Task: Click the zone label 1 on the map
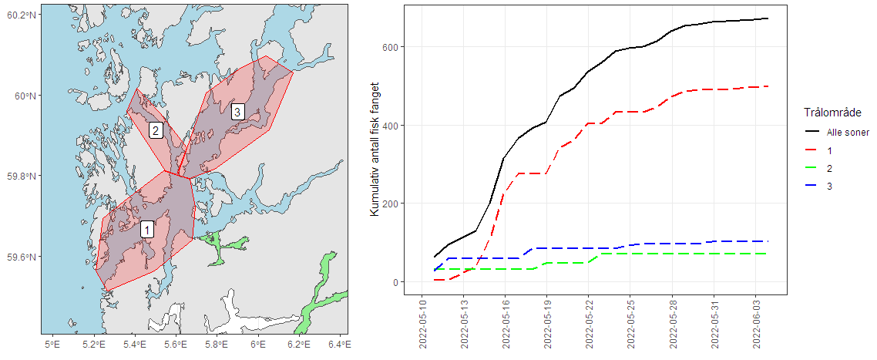point(147,230)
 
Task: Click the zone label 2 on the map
point(156,130)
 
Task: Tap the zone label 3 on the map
point(238,112)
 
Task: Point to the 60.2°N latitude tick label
point(21,15)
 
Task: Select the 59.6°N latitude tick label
point(21,257)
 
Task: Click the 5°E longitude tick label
point(52,344)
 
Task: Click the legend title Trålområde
point(826,113)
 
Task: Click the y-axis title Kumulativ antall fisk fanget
point(375,151)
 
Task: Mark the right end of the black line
point(768,19)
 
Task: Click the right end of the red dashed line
point(768,86)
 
